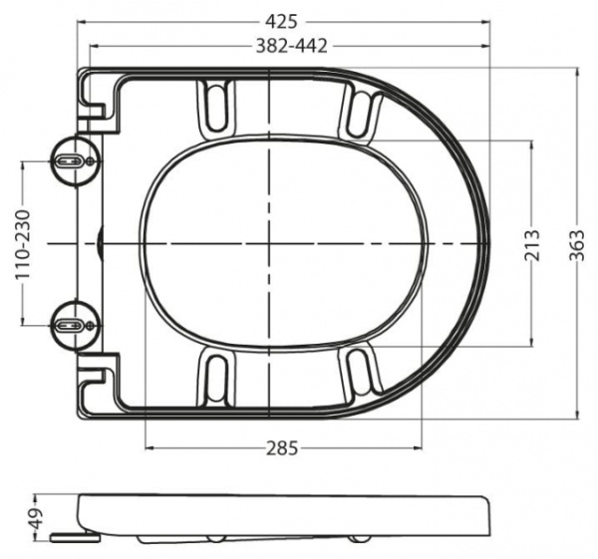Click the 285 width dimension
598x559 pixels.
283,448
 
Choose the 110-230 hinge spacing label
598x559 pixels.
22,243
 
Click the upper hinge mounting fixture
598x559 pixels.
73,160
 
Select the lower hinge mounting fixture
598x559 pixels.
73,324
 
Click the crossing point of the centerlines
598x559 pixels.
269,242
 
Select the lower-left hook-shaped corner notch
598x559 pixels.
98,379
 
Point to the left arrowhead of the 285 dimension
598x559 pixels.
149,448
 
